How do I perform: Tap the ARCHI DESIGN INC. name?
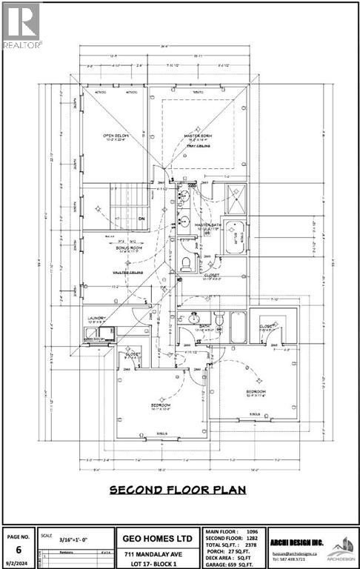coord(304,540)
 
